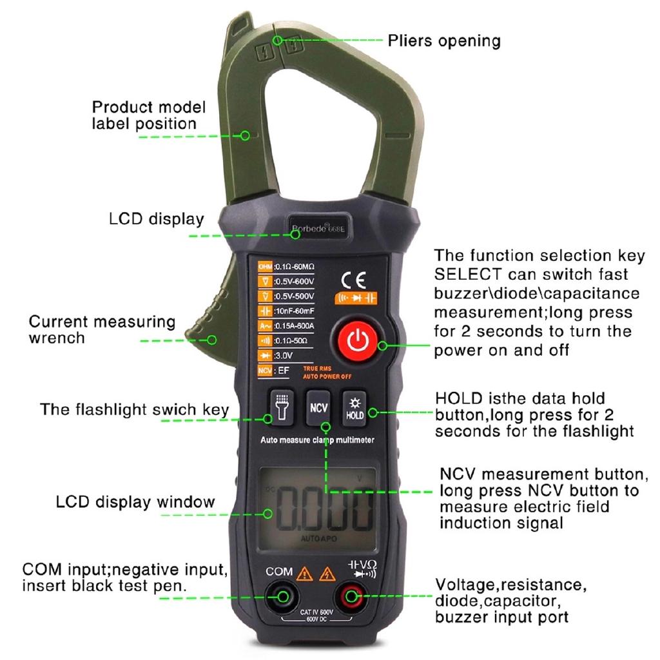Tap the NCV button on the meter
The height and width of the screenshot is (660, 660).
(x=318, y=407)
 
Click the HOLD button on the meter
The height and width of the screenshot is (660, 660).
(x=354, y=407)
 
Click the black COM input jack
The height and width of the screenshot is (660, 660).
(x=282, y=596)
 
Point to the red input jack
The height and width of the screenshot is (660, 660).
(x=351, y=596)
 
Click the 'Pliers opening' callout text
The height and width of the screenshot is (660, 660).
(x=443, y=41)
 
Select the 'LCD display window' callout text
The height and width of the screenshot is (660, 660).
(x=135, y=501)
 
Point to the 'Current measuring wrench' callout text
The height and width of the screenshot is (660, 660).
(x=102, y=329)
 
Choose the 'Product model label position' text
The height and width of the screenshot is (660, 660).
(x=148, y=115)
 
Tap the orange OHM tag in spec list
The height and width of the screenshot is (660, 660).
(x=265, y=267)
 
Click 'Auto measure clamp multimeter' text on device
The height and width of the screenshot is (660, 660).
(x=317, y=440)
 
